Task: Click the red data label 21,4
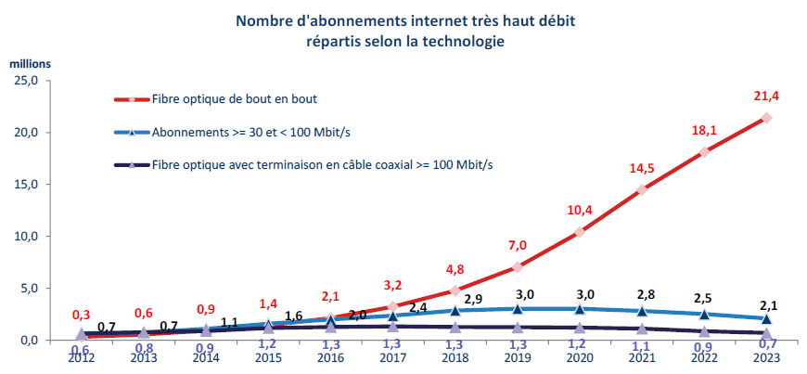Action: pos(766,97)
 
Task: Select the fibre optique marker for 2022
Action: pos(704,151)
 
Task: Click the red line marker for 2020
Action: pos(580,232)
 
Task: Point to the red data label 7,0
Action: pos(517,245)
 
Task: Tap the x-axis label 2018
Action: pos(455,357)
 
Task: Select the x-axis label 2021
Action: pos(642,357)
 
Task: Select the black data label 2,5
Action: pos(704,298)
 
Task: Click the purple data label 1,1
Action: pos(642,345)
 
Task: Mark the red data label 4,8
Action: pos(455,271)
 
